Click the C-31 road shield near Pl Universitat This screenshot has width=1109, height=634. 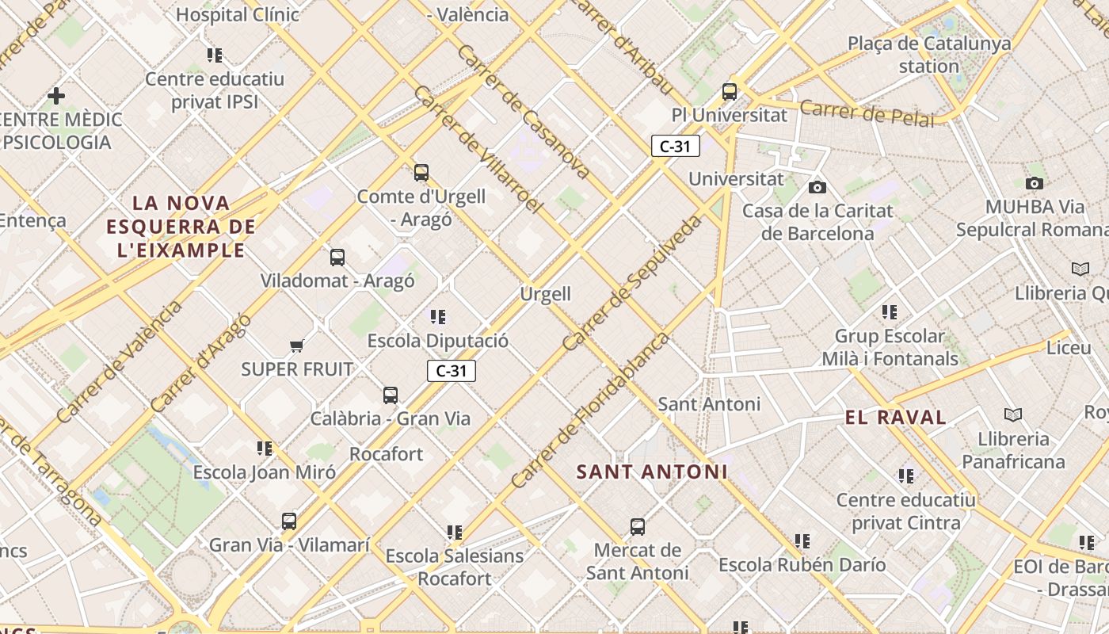tap(675, 146)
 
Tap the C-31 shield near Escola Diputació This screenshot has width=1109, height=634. tap(452, 371)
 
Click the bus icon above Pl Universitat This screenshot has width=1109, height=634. tap(730, 92)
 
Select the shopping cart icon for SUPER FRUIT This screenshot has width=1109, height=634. tap(297, 346)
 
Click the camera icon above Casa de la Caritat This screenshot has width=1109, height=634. tap(817, 187)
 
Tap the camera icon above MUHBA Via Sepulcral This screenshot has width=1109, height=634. tap(1035, 183)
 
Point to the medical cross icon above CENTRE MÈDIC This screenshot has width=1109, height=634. tap(56, 96)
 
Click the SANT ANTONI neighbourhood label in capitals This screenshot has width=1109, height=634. tap(651, 472)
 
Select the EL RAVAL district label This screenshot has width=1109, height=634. tap(895, 418)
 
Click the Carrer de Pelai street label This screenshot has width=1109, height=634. tap(867, 113)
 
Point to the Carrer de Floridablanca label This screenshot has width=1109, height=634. tap(590, 411)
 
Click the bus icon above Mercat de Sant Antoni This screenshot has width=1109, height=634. tap(638, 527)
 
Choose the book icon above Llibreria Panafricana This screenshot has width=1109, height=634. tap(1012, 414)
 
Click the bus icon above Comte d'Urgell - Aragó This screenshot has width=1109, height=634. tap(421, 173)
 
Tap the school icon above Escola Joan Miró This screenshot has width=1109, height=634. tap(265, 449)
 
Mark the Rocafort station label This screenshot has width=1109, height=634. tap(387, 454)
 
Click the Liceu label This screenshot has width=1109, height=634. tap(1069, 348)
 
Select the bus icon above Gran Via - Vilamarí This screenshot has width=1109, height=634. tap(289, 521)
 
